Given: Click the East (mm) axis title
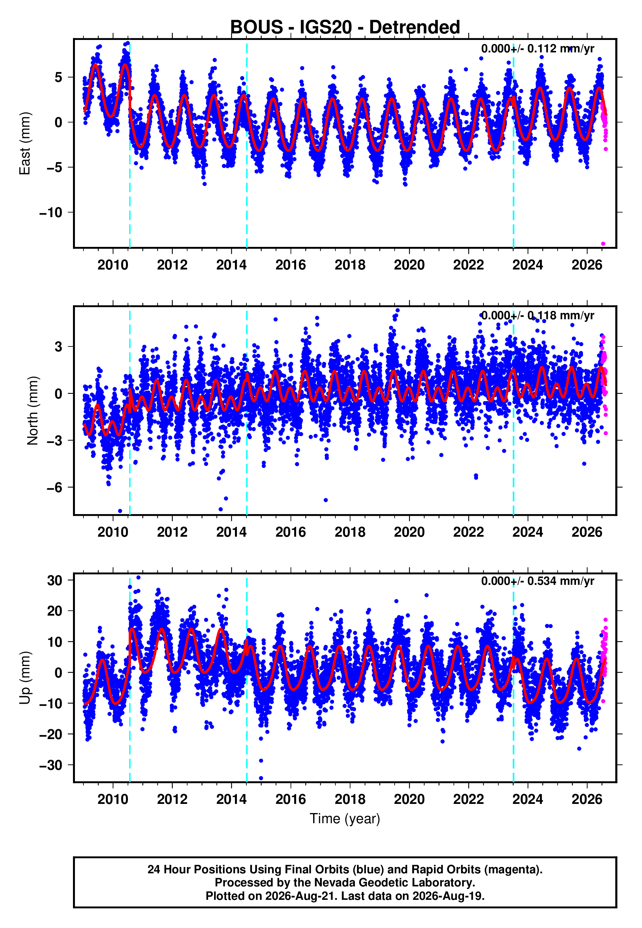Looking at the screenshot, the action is tap(25, 143).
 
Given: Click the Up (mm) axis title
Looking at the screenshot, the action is tap(25, 678).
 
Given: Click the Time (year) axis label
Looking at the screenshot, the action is tap(345, 819).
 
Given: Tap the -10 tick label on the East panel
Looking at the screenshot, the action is tap(51, 213).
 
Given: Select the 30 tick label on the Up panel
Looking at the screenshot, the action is tap(55, 580).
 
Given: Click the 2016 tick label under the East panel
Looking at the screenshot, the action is tap(291, 265).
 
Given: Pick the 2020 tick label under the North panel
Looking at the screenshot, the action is tap(409, 532).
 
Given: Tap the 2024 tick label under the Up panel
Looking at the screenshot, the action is tap(527, 799).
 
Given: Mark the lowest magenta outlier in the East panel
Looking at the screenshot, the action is tap(603, 244).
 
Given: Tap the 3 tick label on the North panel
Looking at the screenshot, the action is tap(59, 346).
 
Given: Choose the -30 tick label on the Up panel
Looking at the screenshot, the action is tap(51, 765).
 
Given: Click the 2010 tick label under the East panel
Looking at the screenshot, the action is tap(113, 265).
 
